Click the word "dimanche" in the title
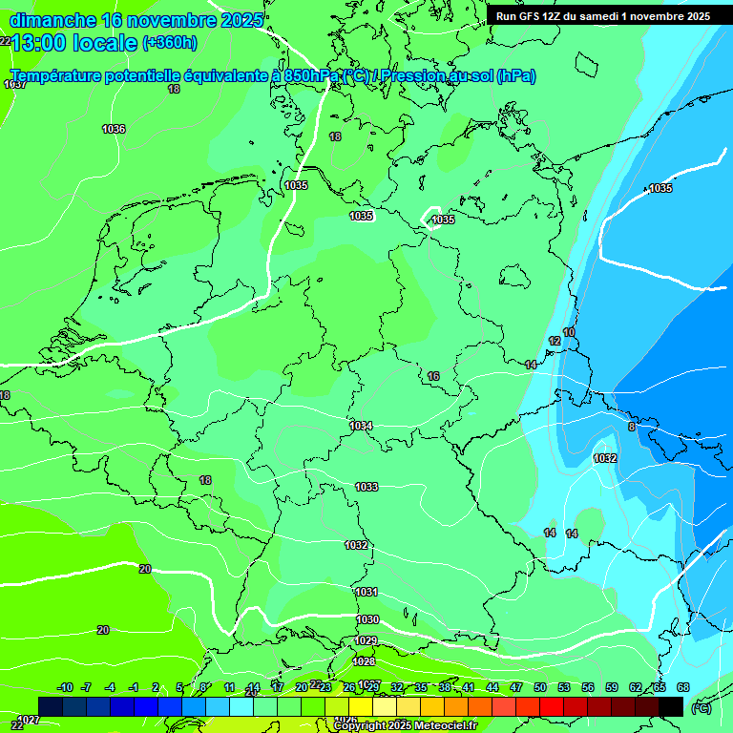pos(52,20)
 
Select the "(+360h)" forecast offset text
pos(170,42)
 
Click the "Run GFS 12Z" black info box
pos(603,16)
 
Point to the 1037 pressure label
pos(15,85)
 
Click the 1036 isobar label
pos(114,129)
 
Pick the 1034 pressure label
pos(361,426)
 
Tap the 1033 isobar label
pos(366,487)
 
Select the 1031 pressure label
pos(366,592)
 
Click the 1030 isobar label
pos(367,619)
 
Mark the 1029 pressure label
pos(366,640)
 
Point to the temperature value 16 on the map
pos(433,376)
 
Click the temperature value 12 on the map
pos(555,341)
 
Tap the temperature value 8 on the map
pos(632,427)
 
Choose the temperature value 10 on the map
pos(569,332)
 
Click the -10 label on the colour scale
pos(65,687)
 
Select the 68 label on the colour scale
pos(683,687)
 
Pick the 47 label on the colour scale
pos(516,687)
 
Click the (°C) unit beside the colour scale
pos(701,707)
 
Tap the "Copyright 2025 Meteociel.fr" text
pos(406,725)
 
